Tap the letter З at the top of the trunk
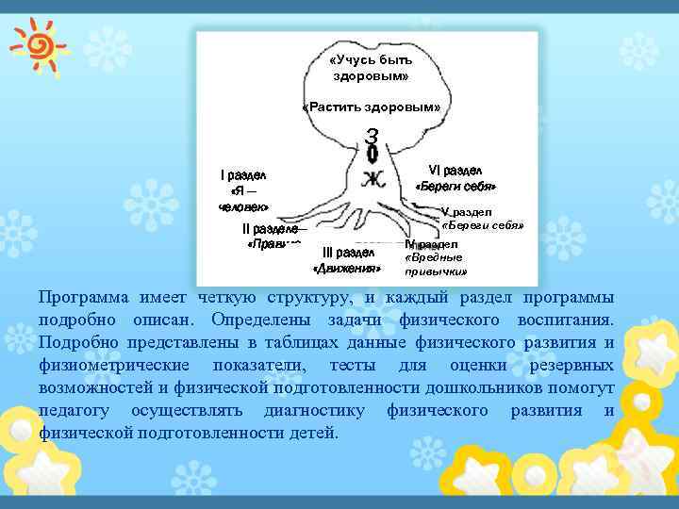point(373,136)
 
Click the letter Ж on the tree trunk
point(372,177)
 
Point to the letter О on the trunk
point(373,154)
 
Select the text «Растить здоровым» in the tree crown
point(371,107)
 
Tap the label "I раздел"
point(243,174)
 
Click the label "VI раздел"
point(455,170)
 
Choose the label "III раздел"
point(348,253)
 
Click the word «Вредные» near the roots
point(433,257)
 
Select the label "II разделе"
point(271,229)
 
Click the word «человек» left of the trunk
point(243,205)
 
